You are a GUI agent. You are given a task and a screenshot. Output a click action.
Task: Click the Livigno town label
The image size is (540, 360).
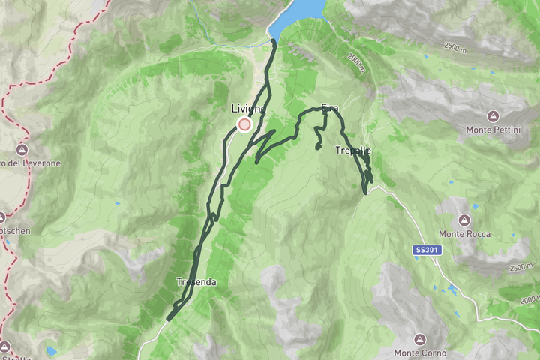(x=248, y=109)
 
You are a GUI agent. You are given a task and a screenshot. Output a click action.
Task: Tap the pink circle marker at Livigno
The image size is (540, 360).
(x=244, y=124)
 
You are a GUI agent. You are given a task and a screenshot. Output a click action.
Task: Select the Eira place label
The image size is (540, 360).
(x=330, y=108)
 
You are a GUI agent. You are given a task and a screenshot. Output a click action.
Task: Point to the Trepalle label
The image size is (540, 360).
(x=353, y=151)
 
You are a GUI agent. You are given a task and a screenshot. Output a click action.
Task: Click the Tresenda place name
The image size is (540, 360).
(x=196, y=282)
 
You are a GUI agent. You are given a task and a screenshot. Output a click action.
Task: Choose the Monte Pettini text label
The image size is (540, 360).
(x=493, y=130)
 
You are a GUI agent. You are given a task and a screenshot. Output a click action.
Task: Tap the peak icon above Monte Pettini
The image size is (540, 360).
(x=493, y=115)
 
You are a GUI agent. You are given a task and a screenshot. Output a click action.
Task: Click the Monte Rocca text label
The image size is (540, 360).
(x=465, y=234)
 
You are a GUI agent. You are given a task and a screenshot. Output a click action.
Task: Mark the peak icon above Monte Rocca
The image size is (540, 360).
(x=465, y=220)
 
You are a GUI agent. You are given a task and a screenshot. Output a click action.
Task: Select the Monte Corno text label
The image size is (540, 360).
(x=420, y=352)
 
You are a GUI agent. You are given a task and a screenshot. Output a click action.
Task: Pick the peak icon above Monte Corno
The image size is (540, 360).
(x=420, y=338)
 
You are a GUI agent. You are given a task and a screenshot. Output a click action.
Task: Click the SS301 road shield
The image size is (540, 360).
(x=424, y=248)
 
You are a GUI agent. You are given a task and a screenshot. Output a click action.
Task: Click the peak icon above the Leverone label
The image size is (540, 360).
(x=22, y=149)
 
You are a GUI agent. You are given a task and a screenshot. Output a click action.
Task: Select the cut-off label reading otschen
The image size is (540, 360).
(x=15, y=231)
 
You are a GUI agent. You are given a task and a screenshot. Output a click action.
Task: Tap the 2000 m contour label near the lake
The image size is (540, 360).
(x=357, y=63)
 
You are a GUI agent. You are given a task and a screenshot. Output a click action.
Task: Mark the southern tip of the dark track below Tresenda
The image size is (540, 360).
(x=168, y=319)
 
